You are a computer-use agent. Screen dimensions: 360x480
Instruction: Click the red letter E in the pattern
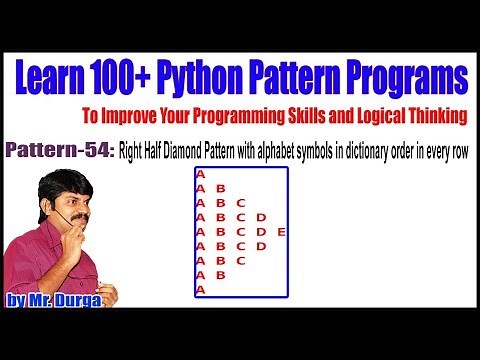click(281, 232)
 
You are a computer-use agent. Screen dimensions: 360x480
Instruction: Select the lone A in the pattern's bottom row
click(201, 289)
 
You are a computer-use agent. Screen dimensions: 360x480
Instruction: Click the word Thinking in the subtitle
click(439, 116)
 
